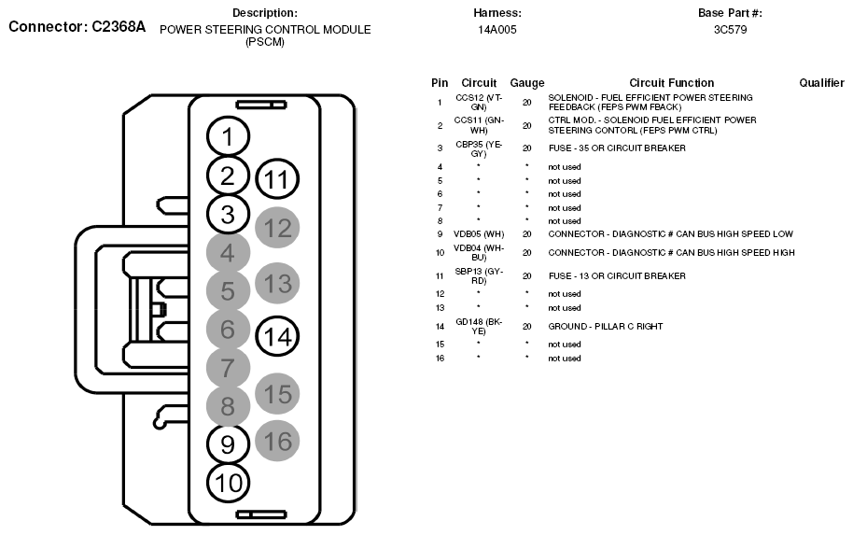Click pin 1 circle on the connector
pos(229,137)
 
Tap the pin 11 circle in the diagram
pos(275,178)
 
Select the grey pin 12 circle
pos(277,228)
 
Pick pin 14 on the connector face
pos(276,336)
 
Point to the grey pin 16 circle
pos(277,441)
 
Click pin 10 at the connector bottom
pos(228,482)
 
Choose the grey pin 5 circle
pos(228,291)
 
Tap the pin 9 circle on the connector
pos(228,443)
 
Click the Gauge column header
pos(527,83)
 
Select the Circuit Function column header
pos(671,83)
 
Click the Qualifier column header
pos(821,83)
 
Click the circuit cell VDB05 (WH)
pos(479,234)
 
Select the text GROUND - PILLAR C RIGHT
pos(606,326)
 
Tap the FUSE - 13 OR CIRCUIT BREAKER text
pos(617,276)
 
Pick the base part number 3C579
pos(730,30)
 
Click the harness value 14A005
pos(497,30)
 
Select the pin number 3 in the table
pos(440,148)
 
